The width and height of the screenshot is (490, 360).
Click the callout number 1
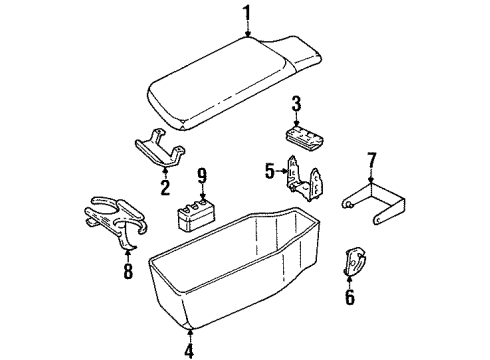[x=245, y=12]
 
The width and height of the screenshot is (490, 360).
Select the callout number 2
[x=166, y=185]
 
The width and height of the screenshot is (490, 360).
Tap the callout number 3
[x=296, y=103]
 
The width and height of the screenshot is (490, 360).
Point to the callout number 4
[x=190, y=350]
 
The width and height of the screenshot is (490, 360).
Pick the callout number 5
[x=270, y=171]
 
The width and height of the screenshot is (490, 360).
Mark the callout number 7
[x=372, y=160]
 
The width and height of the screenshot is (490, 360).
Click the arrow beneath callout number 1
[x=245, y=29]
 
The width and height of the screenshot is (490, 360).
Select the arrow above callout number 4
[x=190, y=333]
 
